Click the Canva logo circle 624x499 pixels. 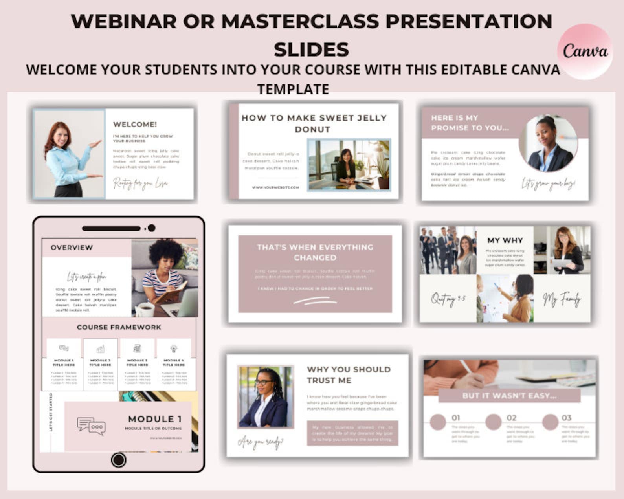coord(585,51)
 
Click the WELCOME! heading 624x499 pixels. coord(135,124)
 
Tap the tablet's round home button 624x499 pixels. coord(118,460)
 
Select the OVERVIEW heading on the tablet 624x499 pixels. coord(72,248)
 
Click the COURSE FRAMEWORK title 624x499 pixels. coord(119,327)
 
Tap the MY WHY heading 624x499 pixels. coord(505,240)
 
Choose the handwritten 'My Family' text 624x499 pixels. coord(562,300)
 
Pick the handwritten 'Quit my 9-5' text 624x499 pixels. coord(448,299)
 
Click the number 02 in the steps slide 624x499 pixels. coord(511,418)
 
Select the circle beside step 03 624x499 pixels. coord(550,422)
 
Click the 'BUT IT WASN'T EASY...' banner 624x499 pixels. coord(509,396)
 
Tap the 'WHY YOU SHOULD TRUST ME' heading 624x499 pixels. coord(349,375)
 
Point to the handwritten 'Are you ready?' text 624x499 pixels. coord(260,442)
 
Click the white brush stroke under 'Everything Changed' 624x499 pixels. coord(315,301)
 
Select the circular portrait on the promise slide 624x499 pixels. coord(548,143)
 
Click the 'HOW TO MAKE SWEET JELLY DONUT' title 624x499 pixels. coord(314,123)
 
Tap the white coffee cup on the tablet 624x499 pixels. coord(145,309)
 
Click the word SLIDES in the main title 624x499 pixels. coord(311,50)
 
